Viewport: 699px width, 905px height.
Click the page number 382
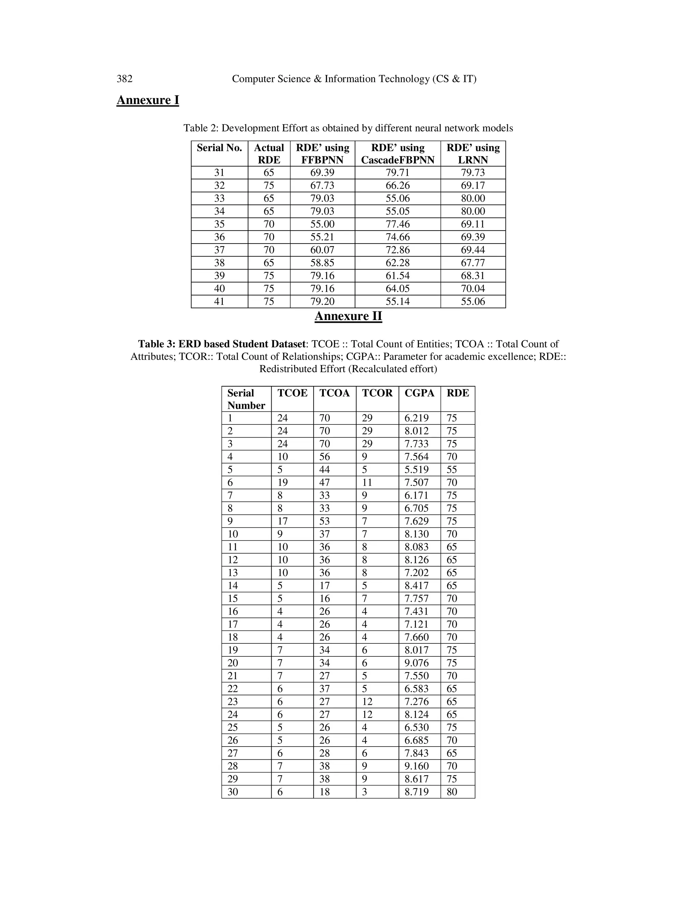pyautogui.click(x=124, y=79)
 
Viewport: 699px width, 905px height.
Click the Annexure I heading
pyautogui.click(x=147, y=100)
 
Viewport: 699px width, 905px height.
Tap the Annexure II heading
pyautogui.click(x=348, y=316)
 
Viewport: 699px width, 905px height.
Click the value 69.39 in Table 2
pyautogui.click(x=322, y=173)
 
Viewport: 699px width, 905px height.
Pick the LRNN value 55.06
pyautogui.click(x=473, y=302)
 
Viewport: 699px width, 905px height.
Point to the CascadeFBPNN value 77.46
pyautogui.click(x=398, y=224)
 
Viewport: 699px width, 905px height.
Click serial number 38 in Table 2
pyautogui.click(x=219, y=263)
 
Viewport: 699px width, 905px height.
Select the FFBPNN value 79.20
pyautogui.click(x=322, y=302)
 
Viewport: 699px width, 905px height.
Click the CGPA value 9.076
pyautogui.click(x=417, y=663)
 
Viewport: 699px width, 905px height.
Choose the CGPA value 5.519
pyautogui.click(x=417, y=470)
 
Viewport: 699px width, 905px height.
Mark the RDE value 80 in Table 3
pyautogui.click(x=452, y=792)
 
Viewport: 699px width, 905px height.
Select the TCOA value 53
pyautogui.click(x=325, y=521)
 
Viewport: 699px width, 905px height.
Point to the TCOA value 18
pyautogui.click(x=325, y=792)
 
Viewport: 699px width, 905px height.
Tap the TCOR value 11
pyautogui.click(x=367, y=482)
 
